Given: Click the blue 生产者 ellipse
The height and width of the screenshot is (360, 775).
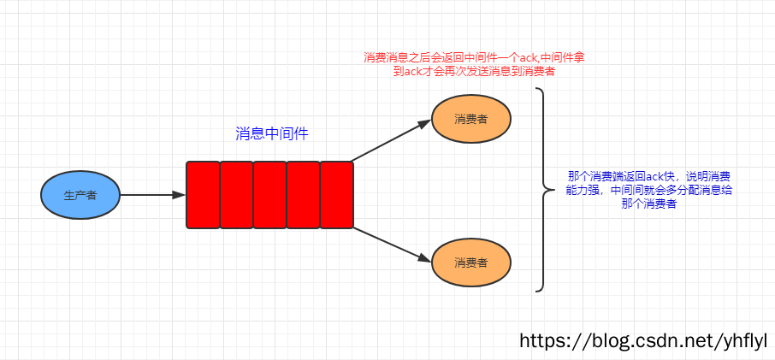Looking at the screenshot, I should point(80,195).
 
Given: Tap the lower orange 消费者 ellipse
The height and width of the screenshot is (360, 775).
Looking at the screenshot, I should point(471,261).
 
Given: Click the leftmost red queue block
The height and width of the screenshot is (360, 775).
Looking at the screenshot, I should point(203,195).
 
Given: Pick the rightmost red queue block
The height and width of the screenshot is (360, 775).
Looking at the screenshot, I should point(336,195).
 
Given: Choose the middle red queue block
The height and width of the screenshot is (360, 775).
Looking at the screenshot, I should point(269,195).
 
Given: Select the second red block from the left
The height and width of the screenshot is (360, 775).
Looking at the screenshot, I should point(236,195).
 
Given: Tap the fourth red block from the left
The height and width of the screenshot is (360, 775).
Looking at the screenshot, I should point(303,195).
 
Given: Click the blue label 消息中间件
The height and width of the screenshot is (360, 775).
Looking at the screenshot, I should point(271,133).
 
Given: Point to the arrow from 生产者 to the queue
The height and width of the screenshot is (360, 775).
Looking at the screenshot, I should point(152,195).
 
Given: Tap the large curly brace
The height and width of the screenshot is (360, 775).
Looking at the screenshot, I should point(543,189).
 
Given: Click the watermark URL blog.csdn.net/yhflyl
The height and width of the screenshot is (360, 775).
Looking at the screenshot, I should point(644,340).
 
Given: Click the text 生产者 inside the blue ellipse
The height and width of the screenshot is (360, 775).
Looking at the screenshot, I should point(80,195).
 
